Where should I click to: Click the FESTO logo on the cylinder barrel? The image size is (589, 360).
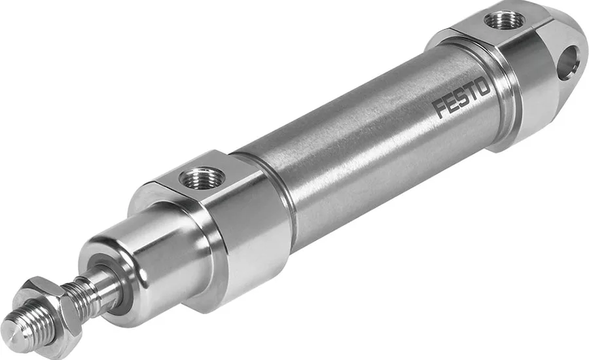click(461, 98)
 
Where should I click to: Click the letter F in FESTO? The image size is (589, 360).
click(439, 108)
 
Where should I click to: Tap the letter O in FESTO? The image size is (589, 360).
click(484, 87)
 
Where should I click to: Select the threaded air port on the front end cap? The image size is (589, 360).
click(202, 178)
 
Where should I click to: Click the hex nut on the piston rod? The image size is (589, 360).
click(47, 306)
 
